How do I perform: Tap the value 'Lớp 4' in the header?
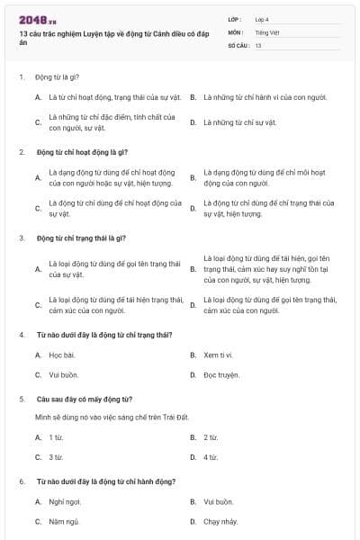coord(262,18)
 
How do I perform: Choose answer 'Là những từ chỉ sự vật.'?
coord(239,121)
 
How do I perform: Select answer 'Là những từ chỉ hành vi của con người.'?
coord(265,97)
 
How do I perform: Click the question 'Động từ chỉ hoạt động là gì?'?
coord(82,152)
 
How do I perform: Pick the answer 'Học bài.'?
coord(62,355)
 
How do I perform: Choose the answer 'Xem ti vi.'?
coord(220,355)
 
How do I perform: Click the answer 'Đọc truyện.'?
coord(221,374)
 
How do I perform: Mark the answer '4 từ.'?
coord(211,457)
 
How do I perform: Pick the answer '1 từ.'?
coord(56,437)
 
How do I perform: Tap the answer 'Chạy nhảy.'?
coord(221,521)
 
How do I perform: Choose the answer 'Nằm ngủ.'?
coord(65,521)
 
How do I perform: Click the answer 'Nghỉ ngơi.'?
coord(66,501)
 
